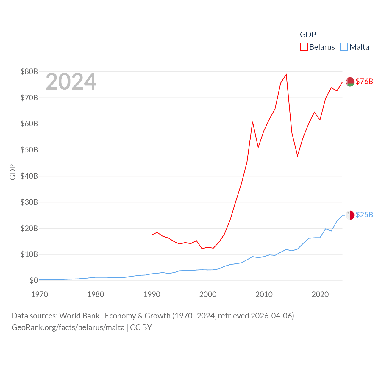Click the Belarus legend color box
click(x=304, y=47)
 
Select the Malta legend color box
click(x=344, y=47)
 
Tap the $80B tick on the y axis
click(x=29, y=71)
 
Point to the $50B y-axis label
click(x=29, y=150)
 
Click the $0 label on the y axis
click(x=34, y=280)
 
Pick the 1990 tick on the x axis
click(x=152, y=294)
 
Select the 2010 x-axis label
click(x=264, y=294)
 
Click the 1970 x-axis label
click(x=40, y=294)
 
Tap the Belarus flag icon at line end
click(x=350, y=82)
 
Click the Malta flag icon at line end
click(x=350, y=215)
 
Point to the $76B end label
click(x=364, y=81)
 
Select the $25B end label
click(x=364, y=215)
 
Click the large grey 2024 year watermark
click(x=71, y=82)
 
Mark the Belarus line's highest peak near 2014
click(x=286, y=74)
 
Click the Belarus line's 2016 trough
click(x=297, y=156)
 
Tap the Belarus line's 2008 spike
click(x=252, y=122)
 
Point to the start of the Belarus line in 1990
click(x=152, y=235)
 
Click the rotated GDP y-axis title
click(x=13, y=172)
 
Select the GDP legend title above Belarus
click(x=308, y=35)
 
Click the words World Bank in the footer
click(x=79, y=316)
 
